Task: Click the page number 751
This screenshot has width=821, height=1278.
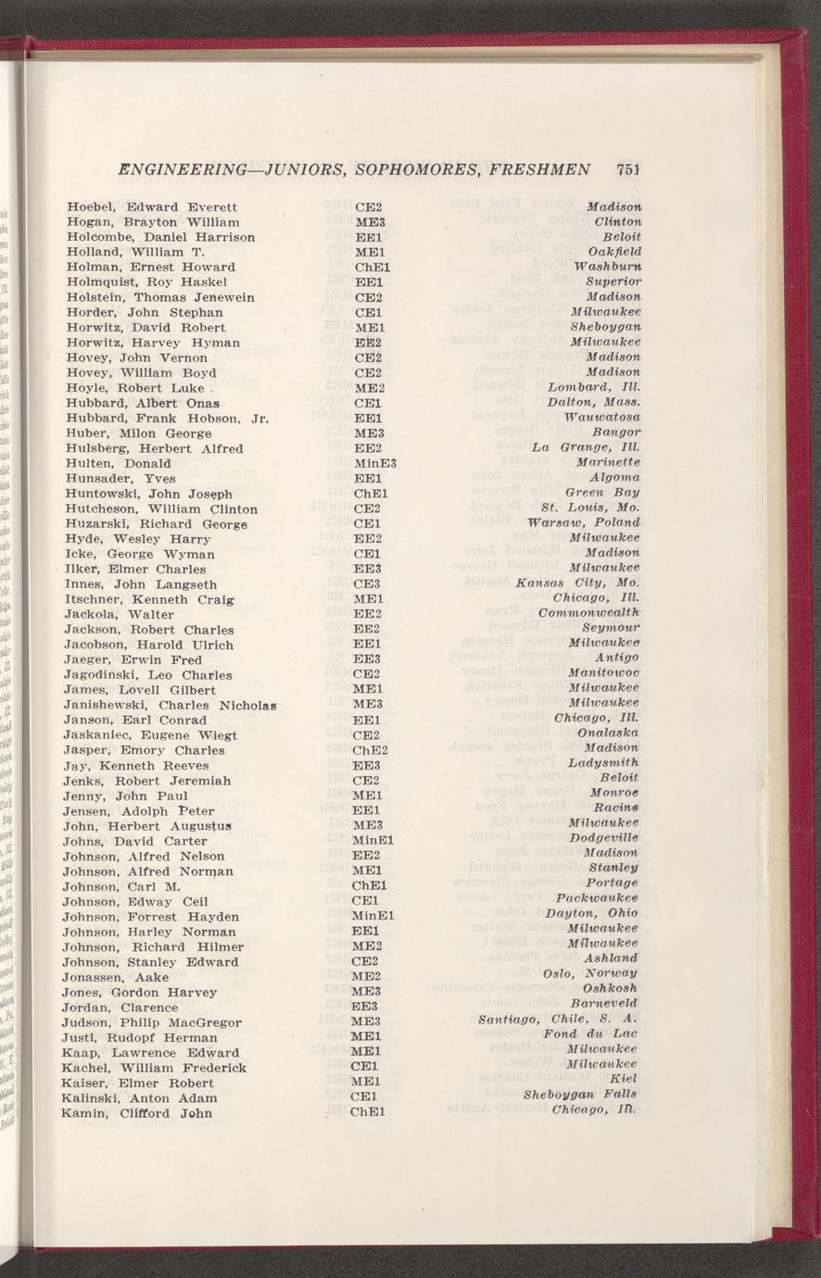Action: click(628, 170)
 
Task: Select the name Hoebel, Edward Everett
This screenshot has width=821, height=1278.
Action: click(152, 207)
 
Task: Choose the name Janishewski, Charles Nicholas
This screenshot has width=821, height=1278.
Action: click(172, 706)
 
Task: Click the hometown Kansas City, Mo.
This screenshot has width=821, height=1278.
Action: click(577, 584)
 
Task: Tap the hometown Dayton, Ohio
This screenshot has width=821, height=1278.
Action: click(591, 913)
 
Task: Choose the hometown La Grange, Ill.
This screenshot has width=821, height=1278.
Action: click(586, 448)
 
